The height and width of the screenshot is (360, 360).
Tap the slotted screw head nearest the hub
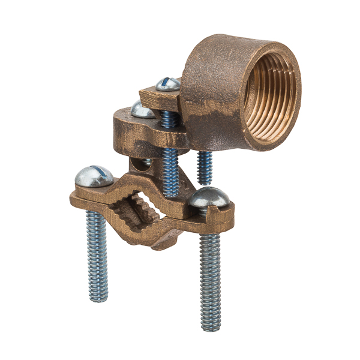pos(168,84)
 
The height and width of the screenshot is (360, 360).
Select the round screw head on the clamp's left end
pos(94,176)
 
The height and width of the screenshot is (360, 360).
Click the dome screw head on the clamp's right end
pos(209,199)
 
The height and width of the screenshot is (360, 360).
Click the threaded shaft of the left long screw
pos(96,252)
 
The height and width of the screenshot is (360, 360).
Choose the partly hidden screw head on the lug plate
pos(143,109)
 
